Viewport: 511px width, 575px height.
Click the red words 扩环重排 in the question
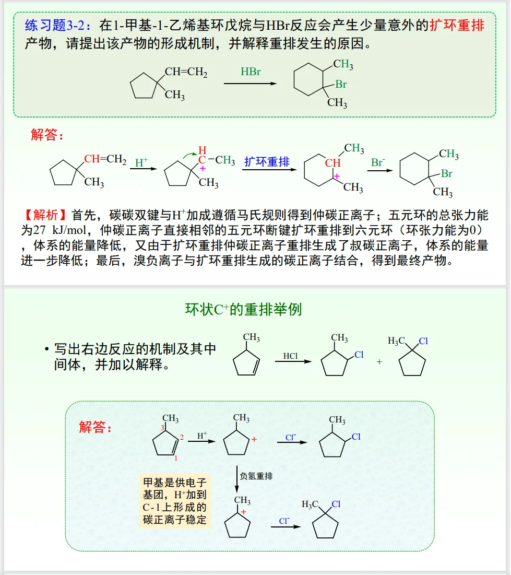[457, 25]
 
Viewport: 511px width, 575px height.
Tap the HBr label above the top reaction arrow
[251, 72]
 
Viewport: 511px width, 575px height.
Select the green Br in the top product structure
[341, 84]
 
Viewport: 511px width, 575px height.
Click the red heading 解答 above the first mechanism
[47, 135]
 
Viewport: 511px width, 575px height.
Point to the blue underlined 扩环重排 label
[267, 161]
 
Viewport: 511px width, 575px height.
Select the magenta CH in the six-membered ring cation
[332, 163]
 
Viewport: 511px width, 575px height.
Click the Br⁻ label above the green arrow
[378, 162]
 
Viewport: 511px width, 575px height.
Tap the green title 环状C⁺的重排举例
[243, 309]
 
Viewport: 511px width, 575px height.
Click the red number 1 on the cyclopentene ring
[176, 458]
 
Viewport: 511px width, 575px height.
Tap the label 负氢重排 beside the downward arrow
[256, 476]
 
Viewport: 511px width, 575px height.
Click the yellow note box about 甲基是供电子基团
[175, 500]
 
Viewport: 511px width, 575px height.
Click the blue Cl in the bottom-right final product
[336, 504]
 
